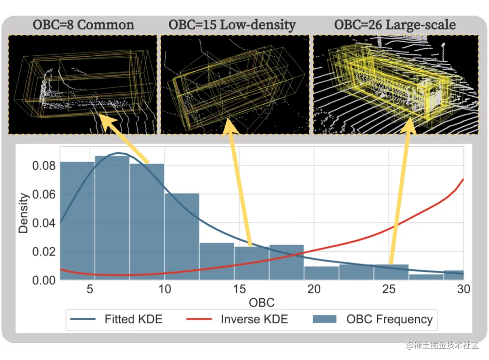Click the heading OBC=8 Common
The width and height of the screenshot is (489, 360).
click(x=83, y=24)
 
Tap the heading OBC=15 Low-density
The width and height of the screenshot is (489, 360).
click(x=232, y=24)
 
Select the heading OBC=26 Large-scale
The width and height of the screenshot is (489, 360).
click(x=395, y=24)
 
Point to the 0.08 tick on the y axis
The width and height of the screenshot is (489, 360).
click(x=43, y=166)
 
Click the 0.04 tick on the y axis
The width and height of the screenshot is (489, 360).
click(x=43, y=223)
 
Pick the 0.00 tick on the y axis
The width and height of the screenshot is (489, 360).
click(x=43, y=280)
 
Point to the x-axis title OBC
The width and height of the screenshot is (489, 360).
click(x=262, y=302)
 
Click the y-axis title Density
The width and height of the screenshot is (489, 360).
click(x=24, y=213)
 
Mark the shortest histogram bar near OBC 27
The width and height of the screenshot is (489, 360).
click(x=426, y=277)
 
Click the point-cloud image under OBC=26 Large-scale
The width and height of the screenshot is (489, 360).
click(x=396, y=85)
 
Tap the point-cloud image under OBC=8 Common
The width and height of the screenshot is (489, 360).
click(x=83, y=85)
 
